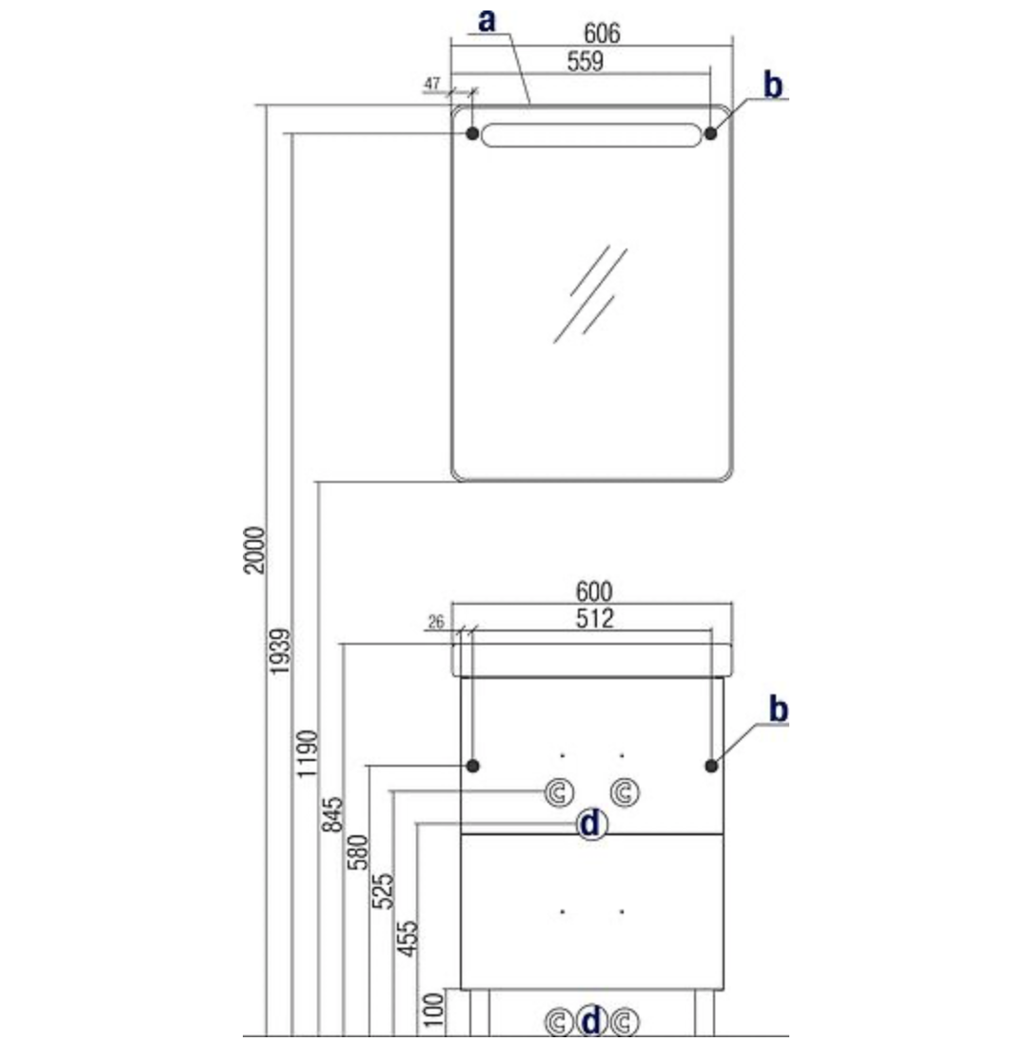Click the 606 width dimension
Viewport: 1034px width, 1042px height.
click(602, 32)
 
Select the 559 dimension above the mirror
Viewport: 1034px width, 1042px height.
click(585, 62)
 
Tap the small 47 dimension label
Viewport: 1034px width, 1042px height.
click(431, 84)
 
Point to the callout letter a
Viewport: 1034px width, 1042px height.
click(487, 21)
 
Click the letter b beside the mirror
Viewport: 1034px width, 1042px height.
click(772, 85)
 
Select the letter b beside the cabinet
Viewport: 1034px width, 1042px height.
click(778, 709)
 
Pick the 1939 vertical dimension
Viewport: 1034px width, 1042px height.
click(280, 651)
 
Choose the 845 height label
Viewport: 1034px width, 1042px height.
click(332, 814)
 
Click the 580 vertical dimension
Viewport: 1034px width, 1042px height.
click(357, 852)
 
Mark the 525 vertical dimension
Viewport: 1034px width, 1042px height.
click(383, 891)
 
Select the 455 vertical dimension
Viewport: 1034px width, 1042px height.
click(408, 937)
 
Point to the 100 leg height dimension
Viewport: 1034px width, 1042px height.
click(433, 1010)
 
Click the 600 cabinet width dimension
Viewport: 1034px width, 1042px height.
click(594, 591)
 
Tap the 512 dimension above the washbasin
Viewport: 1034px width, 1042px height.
click(594, 619)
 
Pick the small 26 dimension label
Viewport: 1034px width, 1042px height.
click(436, 623)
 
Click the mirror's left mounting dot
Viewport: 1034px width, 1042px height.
click(472, 133)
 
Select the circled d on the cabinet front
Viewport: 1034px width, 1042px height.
click(590, 825)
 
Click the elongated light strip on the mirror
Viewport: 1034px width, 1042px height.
click(591, 135)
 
